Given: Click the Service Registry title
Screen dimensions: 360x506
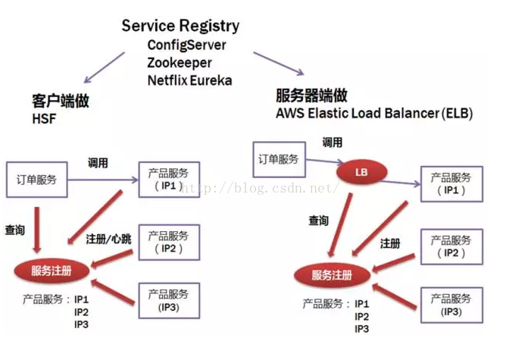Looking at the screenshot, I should point(180,26).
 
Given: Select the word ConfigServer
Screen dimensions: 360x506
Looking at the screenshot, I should point(186,45).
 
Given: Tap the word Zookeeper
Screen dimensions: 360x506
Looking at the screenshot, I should point(180,62).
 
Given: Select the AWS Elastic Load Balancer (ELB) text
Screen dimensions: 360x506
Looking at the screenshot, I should point(374,114).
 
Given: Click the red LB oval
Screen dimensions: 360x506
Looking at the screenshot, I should point(361,172).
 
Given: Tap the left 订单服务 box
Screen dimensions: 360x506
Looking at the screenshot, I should point(37,180).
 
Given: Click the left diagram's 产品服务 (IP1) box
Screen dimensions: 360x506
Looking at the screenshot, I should point(168,180).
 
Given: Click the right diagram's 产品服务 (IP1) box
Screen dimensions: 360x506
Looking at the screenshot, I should point(451,185).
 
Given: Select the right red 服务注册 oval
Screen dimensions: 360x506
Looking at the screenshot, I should point(334,276).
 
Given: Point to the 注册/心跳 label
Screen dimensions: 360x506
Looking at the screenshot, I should point(110,238).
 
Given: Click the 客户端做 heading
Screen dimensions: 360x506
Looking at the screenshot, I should point(52,101).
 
